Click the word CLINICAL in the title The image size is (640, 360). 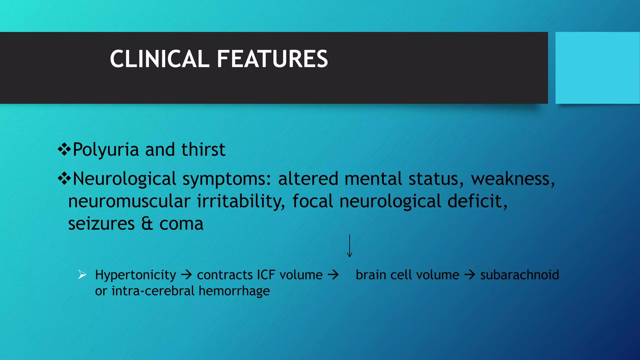[x=159, y=59]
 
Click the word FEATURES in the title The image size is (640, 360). [x=272, y=59]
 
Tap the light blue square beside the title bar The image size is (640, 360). [x=597, y=68]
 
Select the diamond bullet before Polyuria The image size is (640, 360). [x=64, y=150]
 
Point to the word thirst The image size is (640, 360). [x=203, y=150]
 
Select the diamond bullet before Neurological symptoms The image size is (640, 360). [x=64, y=179]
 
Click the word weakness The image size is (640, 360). [x=512, y=179]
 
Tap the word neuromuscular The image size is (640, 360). [x=129, y=201]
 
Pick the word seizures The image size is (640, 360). [x=101, y=224]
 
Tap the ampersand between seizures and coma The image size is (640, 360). [x=147, y=224]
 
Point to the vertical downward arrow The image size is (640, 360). [x=350, y=246]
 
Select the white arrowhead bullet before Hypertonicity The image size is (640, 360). [x=82, y=275]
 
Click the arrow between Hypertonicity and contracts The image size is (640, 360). [x=187, y=275]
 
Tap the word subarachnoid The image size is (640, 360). [x=519, y=275]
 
